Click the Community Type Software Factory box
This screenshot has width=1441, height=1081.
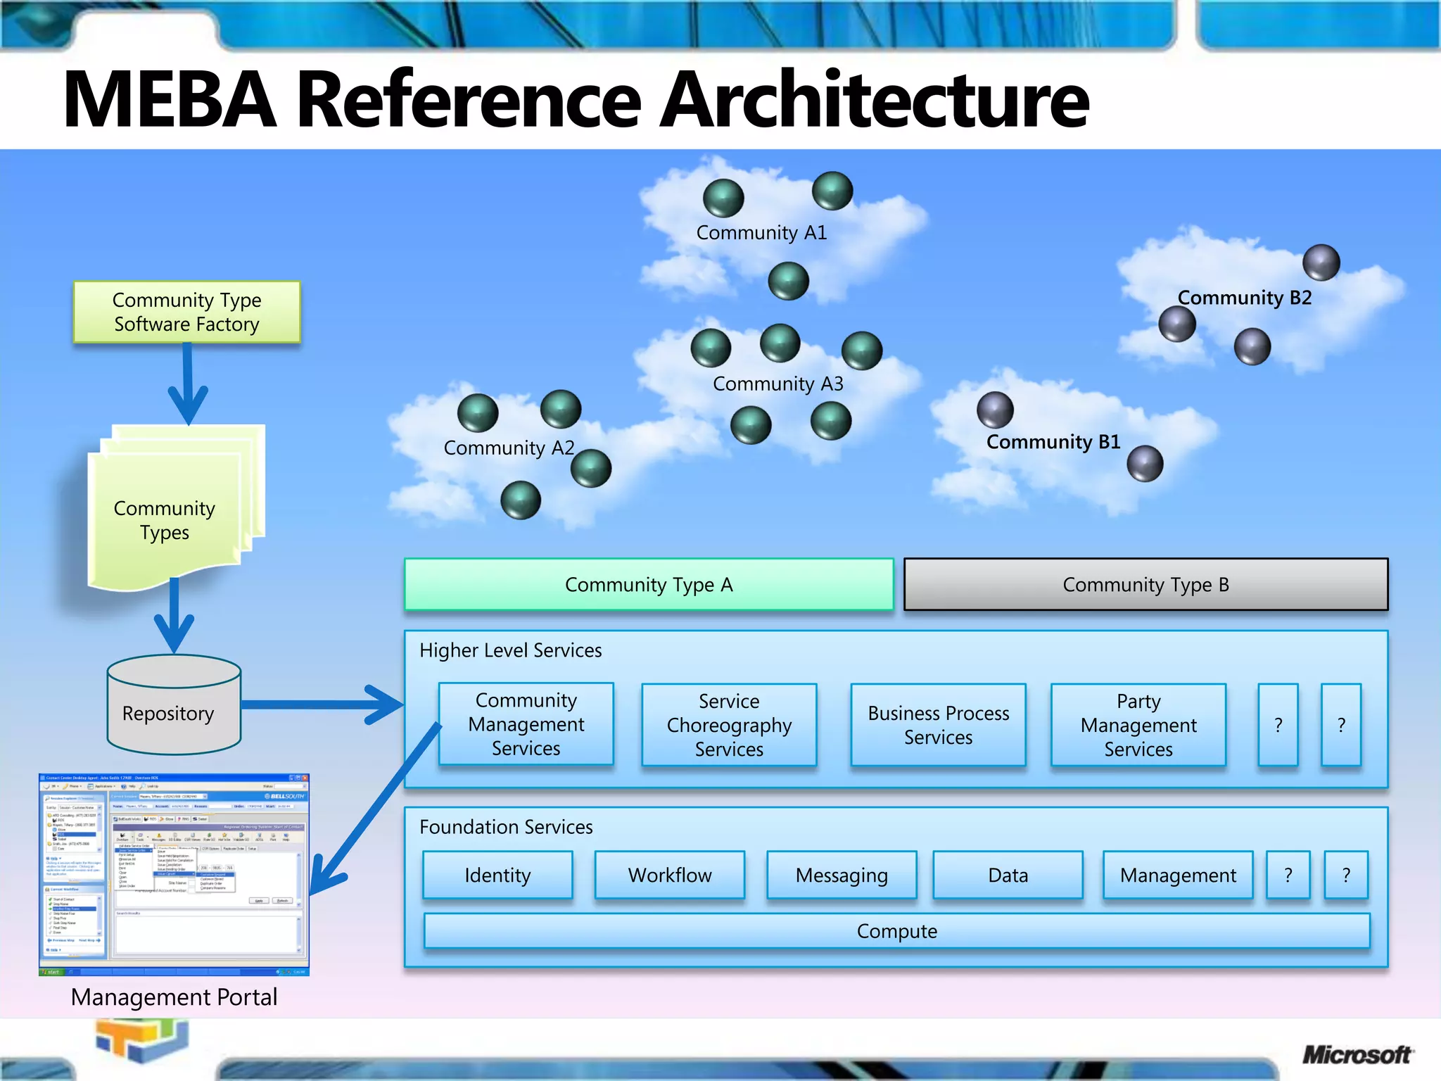pos(186,312)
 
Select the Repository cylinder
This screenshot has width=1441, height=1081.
pos(174,707)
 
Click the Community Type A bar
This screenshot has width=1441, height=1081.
pos(648,584)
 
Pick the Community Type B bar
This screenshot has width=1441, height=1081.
pos(1145,584)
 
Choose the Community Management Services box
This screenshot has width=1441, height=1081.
pos(526,723)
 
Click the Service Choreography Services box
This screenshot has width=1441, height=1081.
pos(729,724)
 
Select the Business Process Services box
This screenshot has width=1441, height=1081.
pos(938,724)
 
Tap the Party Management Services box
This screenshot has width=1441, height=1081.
pos(1138,724)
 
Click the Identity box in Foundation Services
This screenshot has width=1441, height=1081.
pos(497,875)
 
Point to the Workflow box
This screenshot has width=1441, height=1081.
pos(669,875)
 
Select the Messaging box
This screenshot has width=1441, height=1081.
pos(842,875)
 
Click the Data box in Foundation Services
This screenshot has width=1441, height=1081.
pos(1008,875)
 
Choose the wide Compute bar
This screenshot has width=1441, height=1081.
pos(896,930)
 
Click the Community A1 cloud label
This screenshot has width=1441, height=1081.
pos(761,232)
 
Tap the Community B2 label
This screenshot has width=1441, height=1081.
pos(1244,297)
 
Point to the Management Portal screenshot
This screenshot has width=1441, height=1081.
pos(174,873)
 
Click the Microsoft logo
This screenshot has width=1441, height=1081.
pos(1356,1054)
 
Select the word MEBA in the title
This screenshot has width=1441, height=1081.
pos(170,99)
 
